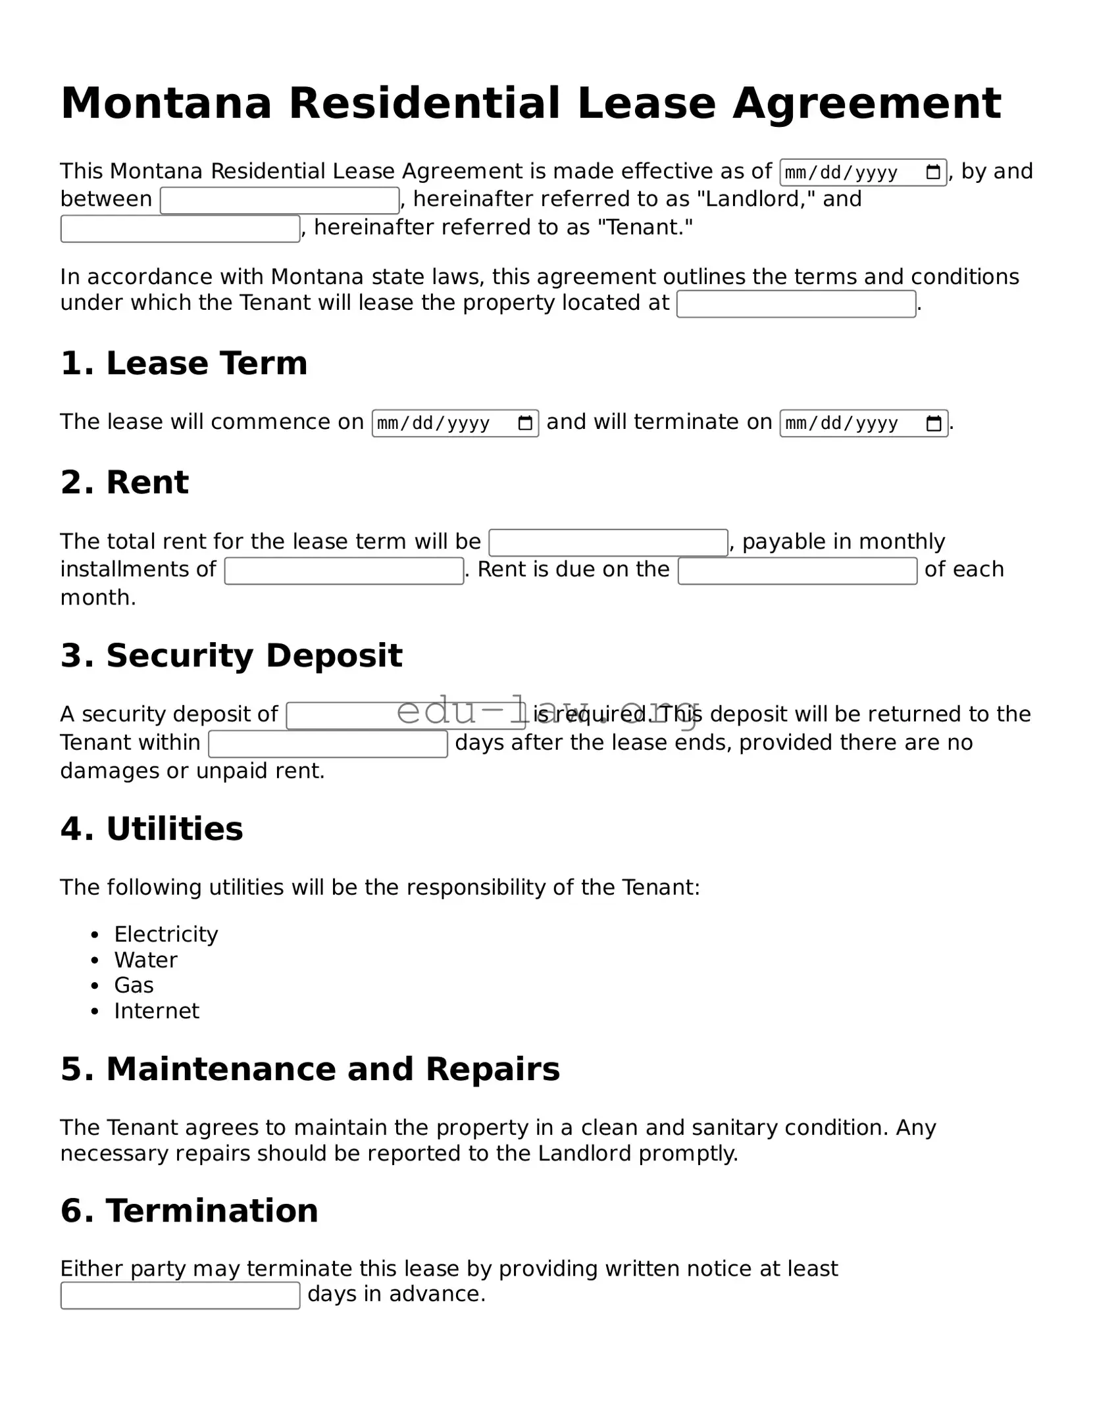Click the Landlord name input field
(x=280, y=201)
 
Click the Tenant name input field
(x=180, y=229)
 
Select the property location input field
(x=796, y=304)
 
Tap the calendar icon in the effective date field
(x=932, y=172)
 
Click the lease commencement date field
(x=441, y=423)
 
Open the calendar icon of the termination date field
(x=933, y=423)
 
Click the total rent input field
(x=608, y=543)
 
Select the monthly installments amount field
(x=344, y=571)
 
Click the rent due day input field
(x=798, y=571)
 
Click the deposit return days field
(x=328, y=744)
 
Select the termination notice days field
(x=180, y=1295)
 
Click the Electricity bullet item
(x=166, y=934)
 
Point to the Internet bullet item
(x=156, y=1010)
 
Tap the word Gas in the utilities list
(x=134, y=985)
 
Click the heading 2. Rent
(x=124, y=482)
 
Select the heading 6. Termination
(x=189, y=1210)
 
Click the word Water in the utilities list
(x=145, y=960)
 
